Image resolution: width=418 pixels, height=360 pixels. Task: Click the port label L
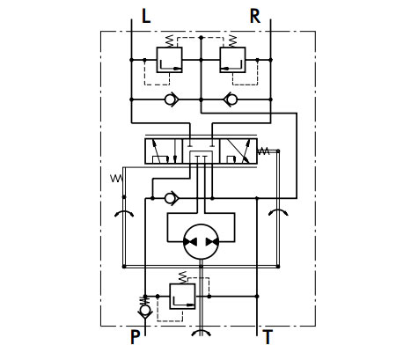pos(146,16)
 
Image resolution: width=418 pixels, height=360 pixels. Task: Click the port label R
pos(255,16)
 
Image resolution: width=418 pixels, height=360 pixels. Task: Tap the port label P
pos(135,337)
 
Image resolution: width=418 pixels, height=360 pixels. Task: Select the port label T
pos(268,337)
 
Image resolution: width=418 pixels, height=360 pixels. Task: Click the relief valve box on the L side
pos(169,60)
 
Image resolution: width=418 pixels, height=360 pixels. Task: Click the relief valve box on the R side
pos(232,60)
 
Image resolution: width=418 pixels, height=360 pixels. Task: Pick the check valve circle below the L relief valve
pos(170,99)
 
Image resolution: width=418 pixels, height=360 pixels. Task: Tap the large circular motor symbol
pos(201,242)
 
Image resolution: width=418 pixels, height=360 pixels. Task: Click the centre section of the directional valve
pos(202,151)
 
